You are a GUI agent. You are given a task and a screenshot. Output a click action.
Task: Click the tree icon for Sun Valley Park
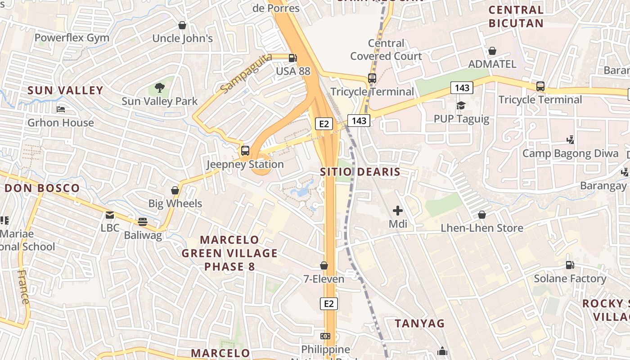click(159, 87)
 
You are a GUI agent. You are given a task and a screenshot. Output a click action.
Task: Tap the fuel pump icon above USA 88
click(292, 58)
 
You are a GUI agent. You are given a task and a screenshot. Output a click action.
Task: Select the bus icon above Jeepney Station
click(245, 151)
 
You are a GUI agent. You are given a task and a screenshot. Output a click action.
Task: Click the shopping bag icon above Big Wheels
click(175, 190)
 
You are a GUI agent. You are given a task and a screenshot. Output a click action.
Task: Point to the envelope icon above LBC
click(110, 215)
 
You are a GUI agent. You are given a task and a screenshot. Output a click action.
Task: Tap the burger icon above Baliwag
click(143, 221)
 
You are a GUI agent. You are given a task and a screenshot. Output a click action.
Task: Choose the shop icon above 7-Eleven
click(324, 265)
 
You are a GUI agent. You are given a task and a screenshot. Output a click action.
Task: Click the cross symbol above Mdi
click(398, 210)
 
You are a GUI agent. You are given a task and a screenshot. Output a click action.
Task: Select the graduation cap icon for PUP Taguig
click(461, 105)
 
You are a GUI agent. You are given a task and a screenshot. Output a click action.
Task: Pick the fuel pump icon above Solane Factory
click(570, 265)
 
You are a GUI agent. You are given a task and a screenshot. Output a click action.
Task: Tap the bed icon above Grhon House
click(61, 109)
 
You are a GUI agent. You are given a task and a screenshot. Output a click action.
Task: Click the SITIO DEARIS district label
click(360, 172)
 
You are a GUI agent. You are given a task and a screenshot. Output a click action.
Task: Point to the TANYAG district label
click(419, 323)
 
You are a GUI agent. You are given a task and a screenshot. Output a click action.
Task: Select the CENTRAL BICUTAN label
click(516, 17)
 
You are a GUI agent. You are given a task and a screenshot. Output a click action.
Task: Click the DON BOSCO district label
click(42, 188)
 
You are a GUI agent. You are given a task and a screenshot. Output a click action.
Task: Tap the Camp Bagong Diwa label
click(570, 153)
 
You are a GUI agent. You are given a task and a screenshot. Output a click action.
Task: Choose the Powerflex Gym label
click(72, 38)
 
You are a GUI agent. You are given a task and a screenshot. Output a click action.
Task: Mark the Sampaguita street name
click(247, 73)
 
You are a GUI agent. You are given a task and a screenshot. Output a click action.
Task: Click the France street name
click(23, 287)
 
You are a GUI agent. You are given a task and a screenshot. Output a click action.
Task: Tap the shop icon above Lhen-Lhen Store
click(482, 215)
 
